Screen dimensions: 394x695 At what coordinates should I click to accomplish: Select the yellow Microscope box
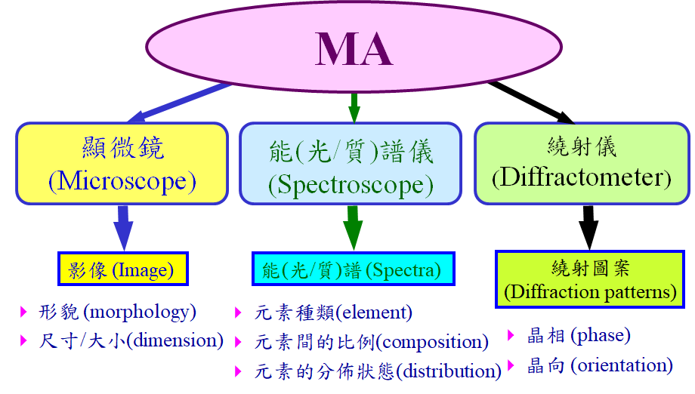coord(122,163)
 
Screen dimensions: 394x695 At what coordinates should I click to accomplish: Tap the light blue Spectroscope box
coord(351,163)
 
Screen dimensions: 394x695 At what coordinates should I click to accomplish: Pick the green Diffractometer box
coord(582,163)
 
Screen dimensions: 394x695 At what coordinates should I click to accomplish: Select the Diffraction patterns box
coord(590,279)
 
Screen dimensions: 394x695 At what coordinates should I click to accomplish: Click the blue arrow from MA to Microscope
coord(181,102)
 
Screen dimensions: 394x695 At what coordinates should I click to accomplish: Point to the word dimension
coord(175,340)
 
